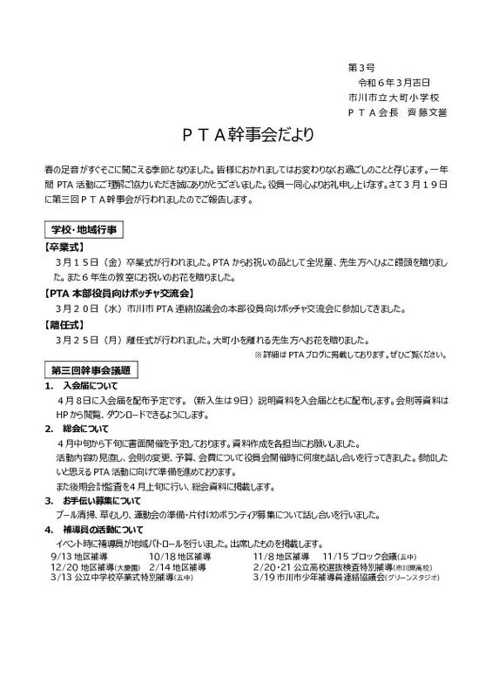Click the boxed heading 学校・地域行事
click(x=85, y=228)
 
